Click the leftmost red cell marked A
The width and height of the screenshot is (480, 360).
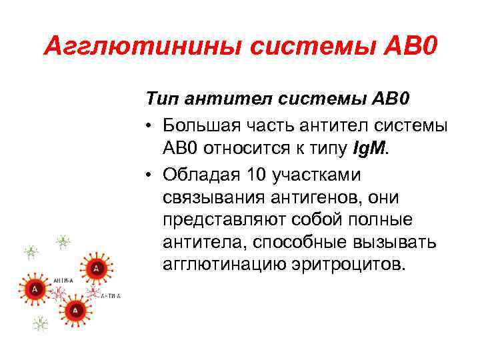point(34,289)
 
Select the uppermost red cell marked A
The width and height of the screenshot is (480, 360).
point(97,267)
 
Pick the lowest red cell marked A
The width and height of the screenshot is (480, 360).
point(75,309)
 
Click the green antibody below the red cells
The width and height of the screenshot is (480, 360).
point(41,324)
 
